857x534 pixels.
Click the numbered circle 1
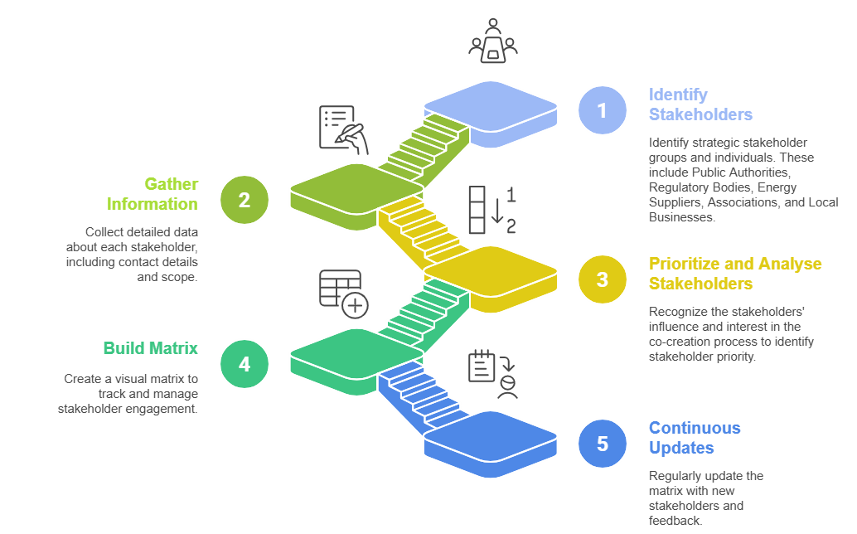tap(603, 109)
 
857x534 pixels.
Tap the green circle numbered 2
tap(245, 200)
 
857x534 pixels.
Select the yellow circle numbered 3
tap(603, 279)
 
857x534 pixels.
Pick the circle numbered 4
tap(245, 364)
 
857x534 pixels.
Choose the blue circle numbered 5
tap(603, 444)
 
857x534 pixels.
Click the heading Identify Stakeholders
tap(700, 104)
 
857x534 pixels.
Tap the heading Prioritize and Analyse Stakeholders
tap(735, 274)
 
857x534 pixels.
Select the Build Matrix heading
tap(150, 348)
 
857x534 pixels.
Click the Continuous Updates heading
tap(695, 438)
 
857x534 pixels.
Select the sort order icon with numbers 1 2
tap(492, 211)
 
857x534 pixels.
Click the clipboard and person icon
tap(492, 374)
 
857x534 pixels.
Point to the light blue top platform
tap(490, 107)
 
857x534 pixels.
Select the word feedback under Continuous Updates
tap(675, 520)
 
